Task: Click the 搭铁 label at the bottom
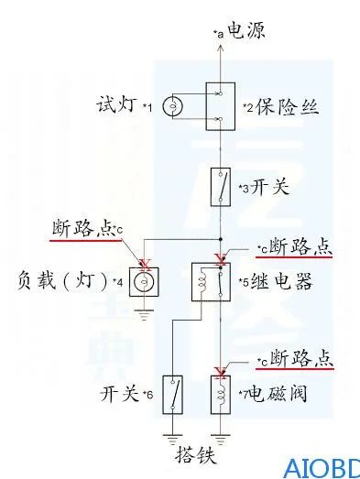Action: [x=197, y=454]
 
